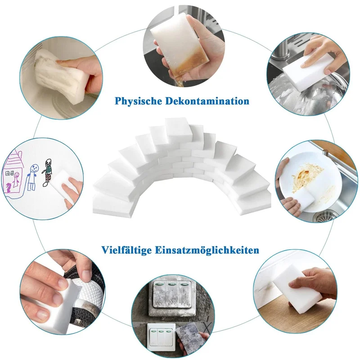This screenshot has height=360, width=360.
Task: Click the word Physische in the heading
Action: point(138,101)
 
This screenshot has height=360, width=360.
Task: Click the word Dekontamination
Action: point(207,101)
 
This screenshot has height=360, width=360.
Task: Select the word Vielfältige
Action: point(126,250)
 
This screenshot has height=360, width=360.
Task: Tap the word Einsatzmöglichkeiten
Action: point(207,250)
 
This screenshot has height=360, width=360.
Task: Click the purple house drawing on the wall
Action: point(13,172)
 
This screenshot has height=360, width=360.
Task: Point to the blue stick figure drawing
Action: point(32,177)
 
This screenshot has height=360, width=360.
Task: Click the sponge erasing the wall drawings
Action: point(63,187)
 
